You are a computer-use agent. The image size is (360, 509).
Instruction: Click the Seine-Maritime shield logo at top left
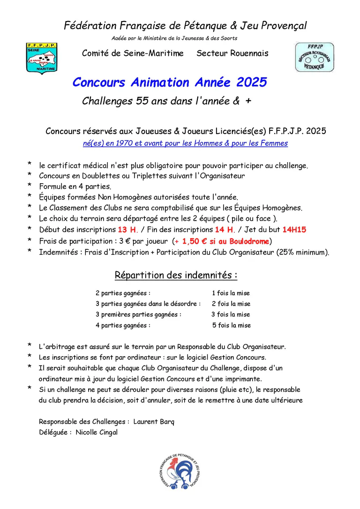click(x=41, y=58)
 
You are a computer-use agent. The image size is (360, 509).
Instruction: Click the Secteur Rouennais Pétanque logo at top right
click(x=314, y=57)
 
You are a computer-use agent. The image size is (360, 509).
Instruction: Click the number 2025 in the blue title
click(x=251, y=82)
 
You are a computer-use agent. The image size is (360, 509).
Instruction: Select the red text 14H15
click(x=294, y=230)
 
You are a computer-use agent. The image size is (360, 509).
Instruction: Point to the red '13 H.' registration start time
click(x=127, y=230)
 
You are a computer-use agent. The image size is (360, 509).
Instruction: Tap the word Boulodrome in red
click(x=249, y=241)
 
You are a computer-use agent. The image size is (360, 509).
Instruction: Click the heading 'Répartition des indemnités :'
click(x=176, y=275)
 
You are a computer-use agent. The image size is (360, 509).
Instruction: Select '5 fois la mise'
click(x=231, y=325)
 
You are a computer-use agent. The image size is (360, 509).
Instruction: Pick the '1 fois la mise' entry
click(x=231, y=293)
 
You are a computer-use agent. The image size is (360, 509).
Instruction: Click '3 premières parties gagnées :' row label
click(x=138, y=314)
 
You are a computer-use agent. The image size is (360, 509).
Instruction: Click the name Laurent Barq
click(x=154, y=421)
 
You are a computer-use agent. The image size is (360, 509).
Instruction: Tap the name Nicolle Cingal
click(x=97, y=432)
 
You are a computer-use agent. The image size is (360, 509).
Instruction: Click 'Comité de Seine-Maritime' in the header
click(x=133, y=53)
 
